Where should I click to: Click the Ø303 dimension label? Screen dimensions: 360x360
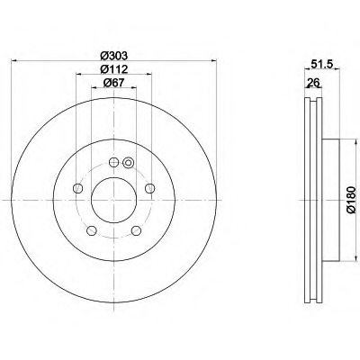pos(113,56)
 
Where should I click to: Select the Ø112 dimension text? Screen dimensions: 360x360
pos(113,69)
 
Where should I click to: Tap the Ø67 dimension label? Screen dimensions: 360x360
pos(113,83)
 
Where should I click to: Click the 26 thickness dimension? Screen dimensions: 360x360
pos(313,82)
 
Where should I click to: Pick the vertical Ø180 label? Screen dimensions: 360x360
pos(351,200)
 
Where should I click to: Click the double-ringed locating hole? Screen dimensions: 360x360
pos(129,163)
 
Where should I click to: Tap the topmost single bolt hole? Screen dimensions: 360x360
pos(113,162)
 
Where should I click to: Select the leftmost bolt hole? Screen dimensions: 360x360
pos(77,188)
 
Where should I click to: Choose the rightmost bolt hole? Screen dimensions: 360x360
pos(149,188)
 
